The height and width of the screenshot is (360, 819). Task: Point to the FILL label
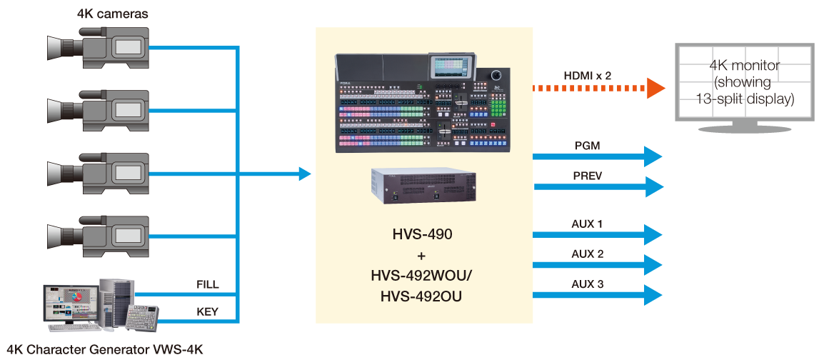[207, 284]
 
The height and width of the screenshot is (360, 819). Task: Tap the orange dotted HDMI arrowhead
[655, 89]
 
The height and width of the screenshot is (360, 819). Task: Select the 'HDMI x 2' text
[588, 75]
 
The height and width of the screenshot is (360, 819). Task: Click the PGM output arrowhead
[654, 156]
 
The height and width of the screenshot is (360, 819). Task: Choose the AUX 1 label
[587, 224]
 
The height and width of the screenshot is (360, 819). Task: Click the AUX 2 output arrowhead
[654, 265]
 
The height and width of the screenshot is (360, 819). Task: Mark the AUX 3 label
[587, 284]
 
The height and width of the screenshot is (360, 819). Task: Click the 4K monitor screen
[745, 82]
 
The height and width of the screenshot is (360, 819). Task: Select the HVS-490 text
[422, 234]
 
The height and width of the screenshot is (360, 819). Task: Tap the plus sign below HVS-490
[423, 254]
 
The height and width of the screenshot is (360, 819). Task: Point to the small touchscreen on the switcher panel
[451, 67]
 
